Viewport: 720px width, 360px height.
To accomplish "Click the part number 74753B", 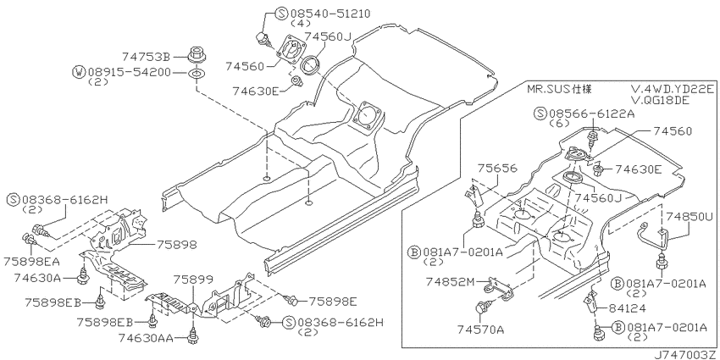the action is [146, 58].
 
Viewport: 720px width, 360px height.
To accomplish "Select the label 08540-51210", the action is [330, 13].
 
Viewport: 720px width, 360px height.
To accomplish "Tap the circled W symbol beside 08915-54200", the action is [79, 72].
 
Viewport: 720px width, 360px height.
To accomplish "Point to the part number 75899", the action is [193, 280].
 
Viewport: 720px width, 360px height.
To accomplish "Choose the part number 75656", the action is [497, 169].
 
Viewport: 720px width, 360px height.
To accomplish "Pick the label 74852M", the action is [450, 281].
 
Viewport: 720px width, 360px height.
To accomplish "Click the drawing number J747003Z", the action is [686, 354].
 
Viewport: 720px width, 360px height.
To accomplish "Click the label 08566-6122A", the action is [591, 114].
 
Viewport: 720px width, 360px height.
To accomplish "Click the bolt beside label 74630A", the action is [84, 274].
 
